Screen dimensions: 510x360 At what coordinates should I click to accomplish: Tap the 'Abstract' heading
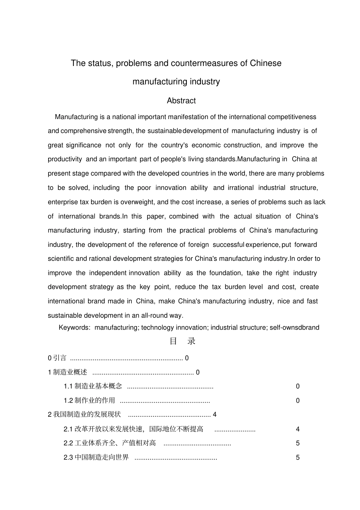(181, 101)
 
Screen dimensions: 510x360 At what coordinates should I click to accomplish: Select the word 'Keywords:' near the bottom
(74, 328)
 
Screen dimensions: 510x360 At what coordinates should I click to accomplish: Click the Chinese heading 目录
(182, 341)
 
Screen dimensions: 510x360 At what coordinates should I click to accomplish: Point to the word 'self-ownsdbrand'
(294, 328)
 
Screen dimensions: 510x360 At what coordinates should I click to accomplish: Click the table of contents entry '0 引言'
(57, 358)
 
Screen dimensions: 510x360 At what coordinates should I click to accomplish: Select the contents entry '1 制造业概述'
(67, 372)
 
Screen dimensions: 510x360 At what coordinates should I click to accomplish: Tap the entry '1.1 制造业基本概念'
(93, 386)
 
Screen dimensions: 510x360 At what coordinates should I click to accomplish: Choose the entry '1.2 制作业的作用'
(89, 401)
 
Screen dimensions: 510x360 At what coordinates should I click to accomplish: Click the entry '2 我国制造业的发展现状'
(84, 414)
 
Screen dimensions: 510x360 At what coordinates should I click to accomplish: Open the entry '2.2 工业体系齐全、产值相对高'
(110, 443)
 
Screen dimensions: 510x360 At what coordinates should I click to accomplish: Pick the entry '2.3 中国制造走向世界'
(96, 458)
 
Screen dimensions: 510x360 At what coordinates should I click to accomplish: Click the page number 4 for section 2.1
(297, 429)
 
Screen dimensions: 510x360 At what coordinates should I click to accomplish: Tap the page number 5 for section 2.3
(297, 458)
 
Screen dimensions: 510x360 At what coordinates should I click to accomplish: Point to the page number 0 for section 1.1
(297, 386)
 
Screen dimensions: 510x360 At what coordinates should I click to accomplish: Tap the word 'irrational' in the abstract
(241, 188)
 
